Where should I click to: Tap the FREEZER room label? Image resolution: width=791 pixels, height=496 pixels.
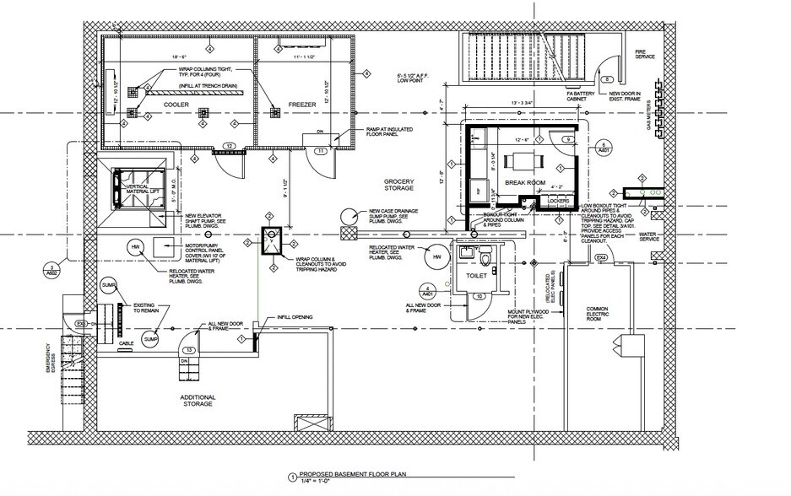pos(301,104)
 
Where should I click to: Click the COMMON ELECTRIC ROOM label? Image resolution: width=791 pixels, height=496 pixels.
pos(597,315)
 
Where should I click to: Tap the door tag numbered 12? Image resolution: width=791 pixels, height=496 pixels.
pos(230,147)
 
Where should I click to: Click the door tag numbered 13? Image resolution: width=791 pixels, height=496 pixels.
pos(191,349)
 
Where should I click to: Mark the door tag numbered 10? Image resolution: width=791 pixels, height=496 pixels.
pos(478,296)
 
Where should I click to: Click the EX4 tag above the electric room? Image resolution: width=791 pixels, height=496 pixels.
pos(601,257)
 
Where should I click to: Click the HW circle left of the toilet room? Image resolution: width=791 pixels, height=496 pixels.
pos(436,256)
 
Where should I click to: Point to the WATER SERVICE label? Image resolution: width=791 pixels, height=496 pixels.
pos(648,236)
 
